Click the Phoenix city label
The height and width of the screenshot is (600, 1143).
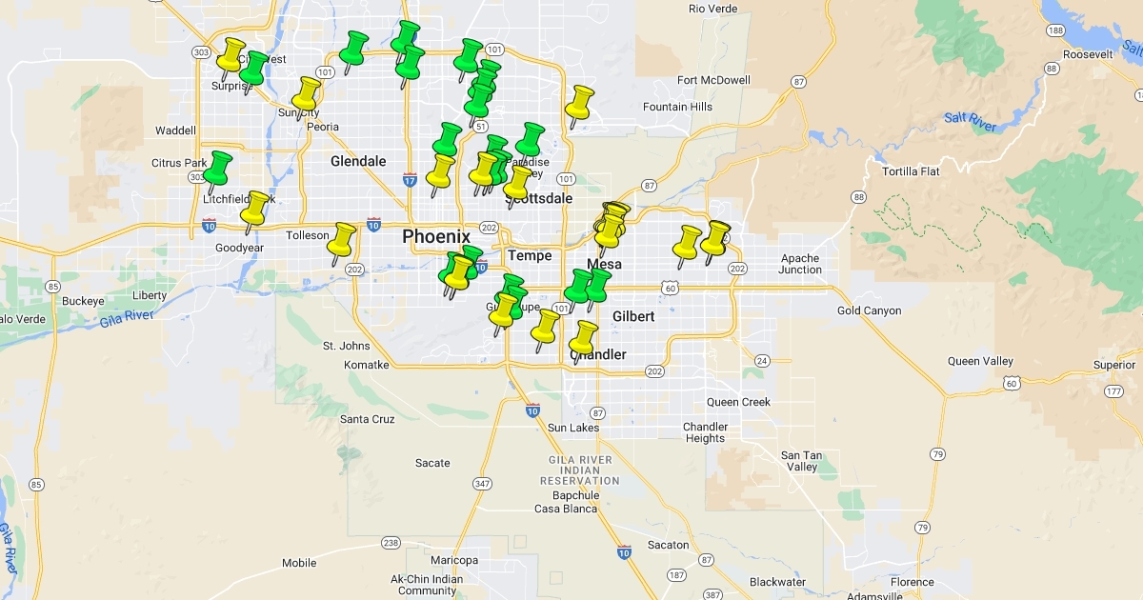click(x=435, y=236)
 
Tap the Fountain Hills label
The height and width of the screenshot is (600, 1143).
click(x=677, y=107)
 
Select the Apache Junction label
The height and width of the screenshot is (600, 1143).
click(x=800, y=264)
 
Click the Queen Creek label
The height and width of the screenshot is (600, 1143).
click(x=738, y=402)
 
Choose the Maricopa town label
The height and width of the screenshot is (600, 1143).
click(x=454, y=560)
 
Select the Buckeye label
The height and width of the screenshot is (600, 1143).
click(x=83, y=301)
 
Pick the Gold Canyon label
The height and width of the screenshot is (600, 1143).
click(x=869, y=310)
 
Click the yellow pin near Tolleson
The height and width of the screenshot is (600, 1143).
click(x=341, y=242)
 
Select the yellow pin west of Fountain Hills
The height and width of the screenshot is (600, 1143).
click(x=579, y=103)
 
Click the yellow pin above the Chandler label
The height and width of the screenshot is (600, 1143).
click(x=582, y=338)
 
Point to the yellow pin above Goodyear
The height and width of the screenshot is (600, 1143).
click(x=254, y=209)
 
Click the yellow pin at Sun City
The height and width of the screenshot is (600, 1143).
click(x=306, y=95)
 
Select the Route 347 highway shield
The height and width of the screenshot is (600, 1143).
click(x=482, y=484)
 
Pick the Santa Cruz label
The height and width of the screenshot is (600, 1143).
click(x=367, y=419)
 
